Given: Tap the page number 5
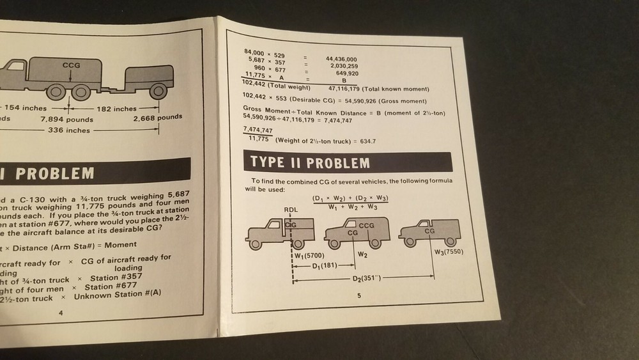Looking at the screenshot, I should point(359,295).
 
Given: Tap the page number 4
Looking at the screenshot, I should point(60,313).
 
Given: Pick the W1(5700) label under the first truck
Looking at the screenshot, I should point(311,255).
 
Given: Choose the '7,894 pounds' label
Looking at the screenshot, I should point(66,119).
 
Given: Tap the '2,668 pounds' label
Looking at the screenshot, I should point(157,117).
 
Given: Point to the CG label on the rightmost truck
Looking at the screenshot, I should point(429,230).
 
